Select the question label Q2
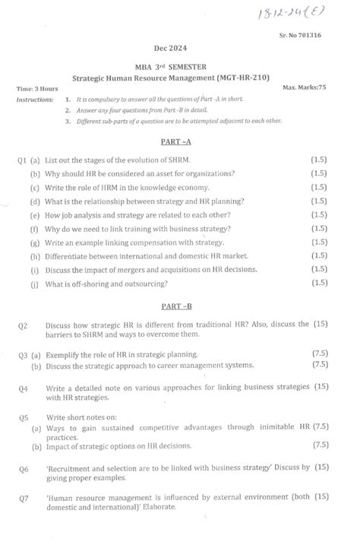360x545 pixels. click(x=23, y=325)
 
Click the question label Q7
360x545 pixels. click(x=23, y=496)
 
